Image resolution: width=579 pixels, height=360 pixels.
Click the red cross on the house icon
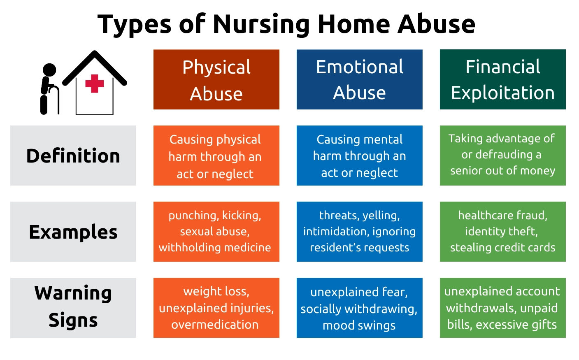point(95,84)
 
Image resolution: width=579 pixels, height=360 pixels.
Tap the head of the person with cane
point(49,70)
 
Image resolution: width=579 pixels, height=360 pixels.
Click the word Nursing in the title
point(261,25)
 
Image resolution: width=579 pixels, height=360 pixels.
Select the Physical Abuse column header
point(216,79)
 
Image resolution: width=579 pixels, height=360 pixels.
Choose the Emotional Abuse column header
point(360,79)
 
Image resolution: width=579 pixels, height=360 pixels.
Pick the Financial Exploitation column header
point(503,79)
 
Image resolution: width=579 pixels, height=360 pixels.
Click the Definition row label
point(73,156)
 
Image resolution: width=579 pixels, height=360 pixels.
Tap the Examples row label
point(73,232)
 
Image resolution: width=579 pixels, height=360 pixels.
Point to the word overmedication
point(215,324)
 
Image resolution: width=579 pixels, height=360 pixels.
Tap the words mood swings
point(359,325)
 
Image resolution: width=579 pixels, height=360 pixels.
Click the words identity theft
point(501,231)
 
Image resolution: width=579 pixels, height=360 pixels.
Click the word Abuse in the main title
point(436,25)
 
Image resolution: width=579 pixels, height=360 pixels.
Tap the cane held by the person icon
point(55,100)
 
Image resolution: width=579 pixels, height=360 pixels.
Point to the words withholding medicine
point(215,247)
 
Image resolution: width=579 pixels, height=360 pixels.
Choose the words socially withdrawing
point(359,309)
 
